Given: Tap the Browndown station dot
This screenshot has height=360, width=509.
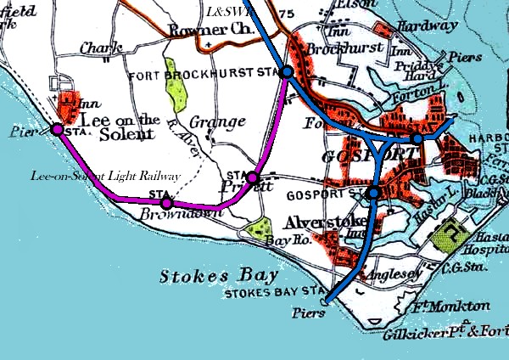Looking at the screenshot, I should (167, 203).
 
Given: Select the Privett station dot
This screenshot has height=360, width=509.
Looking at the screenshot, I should (252, 177).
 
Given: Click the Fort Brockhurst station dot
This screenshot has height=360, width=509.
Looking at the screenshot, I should (288, 73).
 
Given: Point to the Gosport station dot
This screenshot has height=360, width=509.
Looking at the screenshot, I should (374, 194).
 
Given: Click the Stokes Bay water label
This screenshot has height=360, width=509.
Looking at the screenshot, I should (201, 277).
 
